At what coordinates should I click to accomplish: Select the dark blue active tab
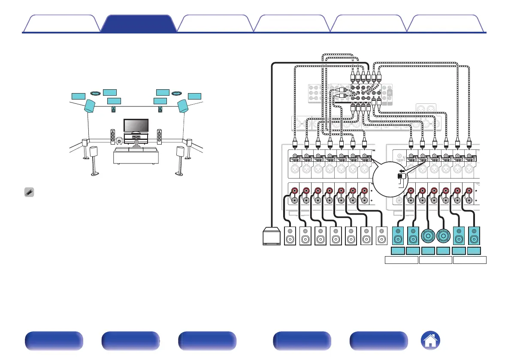pyautogui.click(x=139, y=24)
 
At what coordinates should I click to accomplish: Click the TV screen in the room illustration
pyautogui.click(x=136, y=125)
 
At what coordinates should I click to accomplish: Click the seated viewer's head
pyautogui.click(x=136, y=142)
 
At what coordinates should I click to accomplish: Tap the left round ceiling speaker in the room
pyautogui.click(x=96, y=93)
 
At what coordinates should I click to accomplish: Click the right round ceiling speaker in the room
pyautogui.click(x=177, y=93)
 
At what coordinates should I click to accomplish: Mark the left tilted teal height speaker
pyautogui.click(x=90, y=106)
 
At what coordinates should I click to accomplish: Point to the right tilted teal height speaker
pyautogui.click(x=183, y=106)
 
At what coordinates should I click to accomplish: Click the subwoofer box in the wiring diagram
pyautogui.click(x=271, y=236)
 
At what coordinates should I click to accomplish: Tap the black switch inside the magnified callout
pyautogui.click(x=401, y=175)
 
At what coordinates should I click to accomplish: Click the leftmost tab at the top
pyautogui.click(x=61, y=24)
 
